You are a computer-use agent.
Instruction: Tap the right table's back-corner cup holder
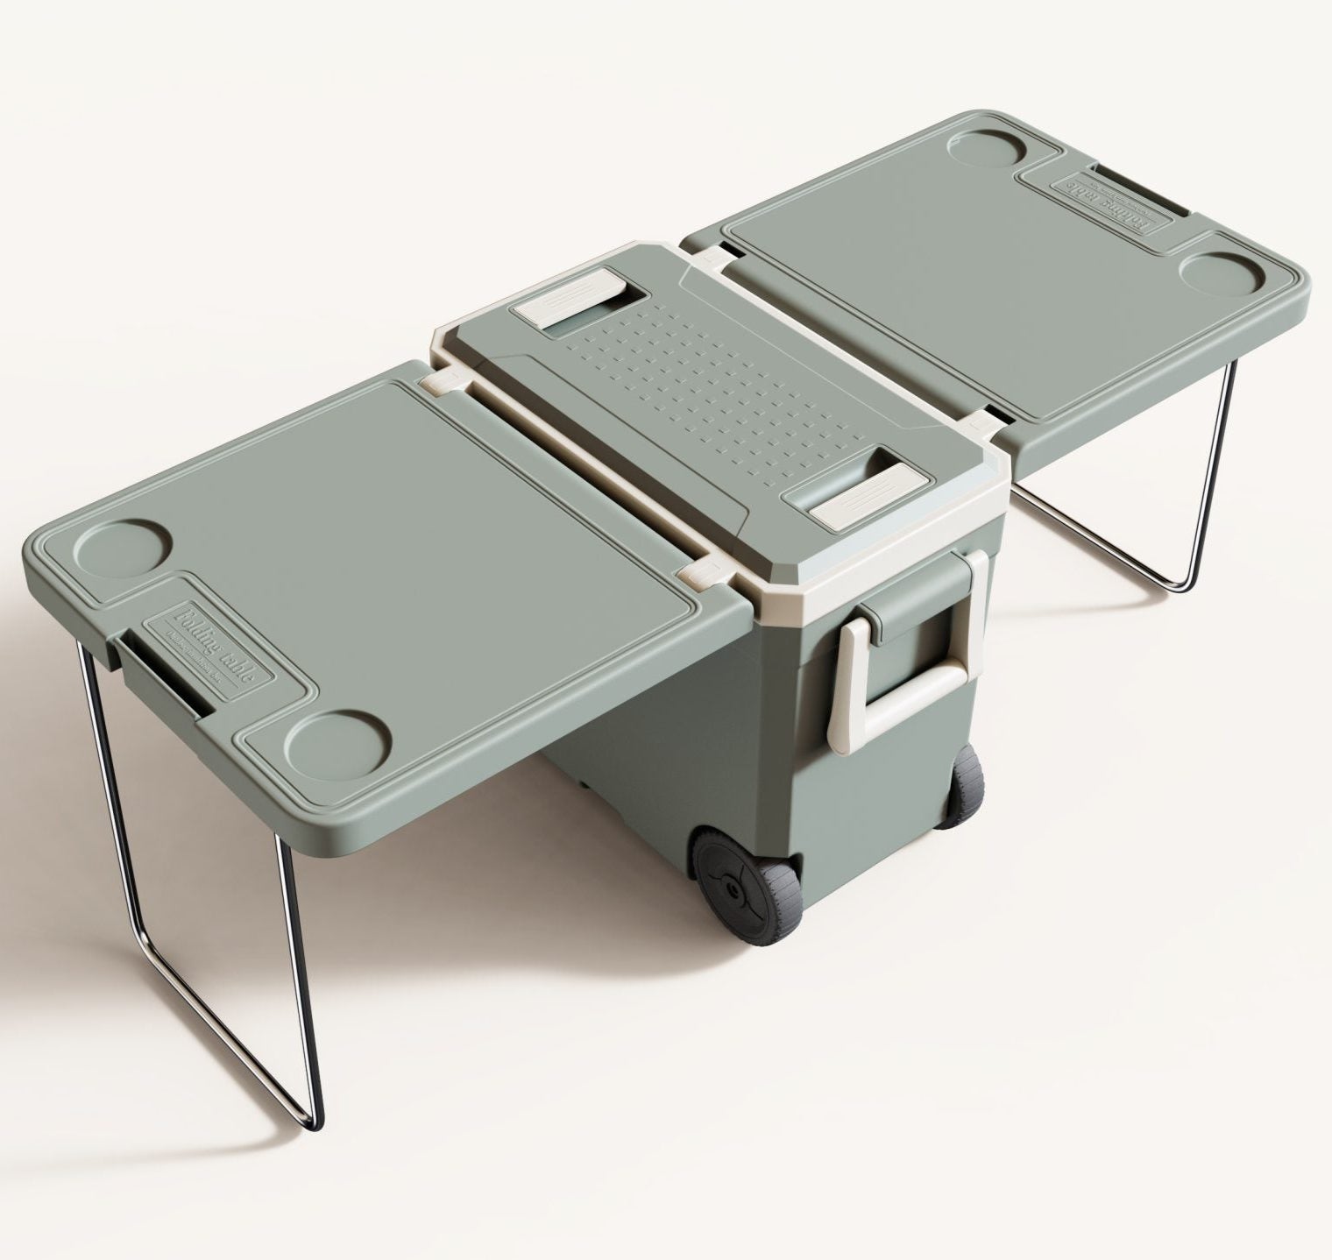991,153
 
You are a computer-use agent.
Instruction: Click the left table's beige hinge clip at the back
440,382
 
